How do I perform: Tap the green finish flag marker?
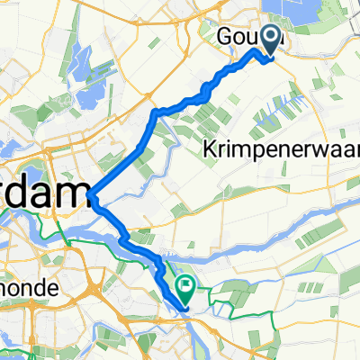coord(186,289)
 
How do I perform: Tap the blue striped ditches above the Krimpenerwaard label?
coord(279,112)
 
